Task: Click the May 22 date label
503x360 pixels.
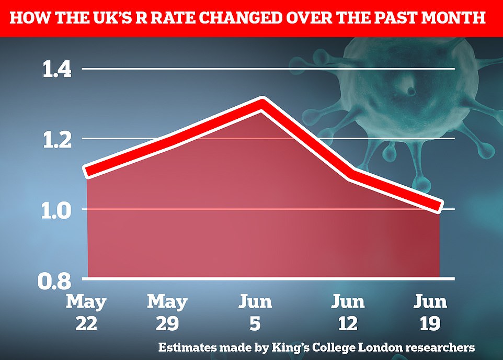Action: coord(86,312)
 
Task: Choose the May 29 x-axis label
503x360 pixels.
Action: coord(167,312)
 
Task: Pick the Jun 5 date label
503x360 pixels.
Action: coord(256,312)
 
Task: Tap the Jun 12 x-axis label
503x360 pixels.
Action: coord(349,312)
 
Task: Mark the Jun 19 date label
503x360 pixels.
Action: coord(430,312)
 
